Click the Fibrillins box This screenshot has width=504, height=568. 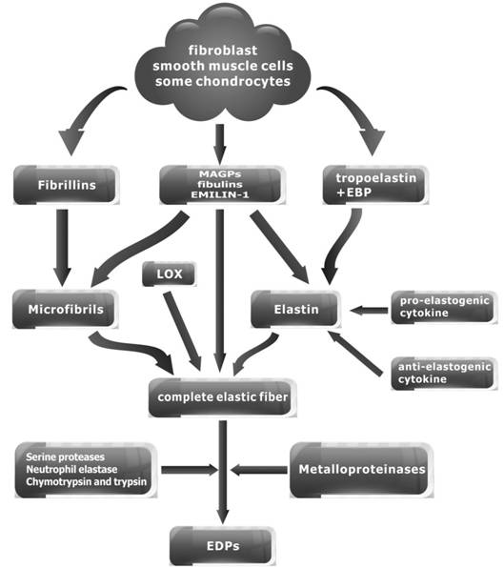coord(67,185)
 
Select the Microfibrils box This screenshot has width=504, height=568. coord(66,309)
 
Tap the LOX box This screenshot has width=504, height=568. coord(169,274)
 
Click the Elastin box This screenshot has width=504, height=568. coord(295,309)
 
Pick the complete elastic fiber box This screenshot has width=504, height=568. coord(222,397)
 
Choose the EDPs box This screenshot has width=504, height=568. coord(222,546)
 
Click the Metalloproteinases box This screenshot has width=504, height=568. coord(361,470)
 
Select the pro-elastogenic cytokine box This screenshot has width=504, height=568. coord(444,307)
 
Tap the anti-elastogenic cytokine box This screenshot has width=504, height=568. coord(444,374)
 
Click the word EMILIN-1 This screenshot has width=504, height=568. coord(220,194)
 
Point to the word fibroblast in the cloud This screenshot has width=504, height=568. coord(223,50)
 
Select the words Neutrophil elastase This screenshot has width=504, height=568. coord(71,470)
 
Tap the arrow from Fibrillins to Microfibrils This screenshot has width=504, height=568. coord(62,248)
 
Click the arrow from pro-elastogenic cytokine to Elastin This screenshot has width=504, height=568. coord(369,310)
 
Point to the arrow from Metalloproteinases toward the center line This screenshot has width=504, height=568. coord(259,470)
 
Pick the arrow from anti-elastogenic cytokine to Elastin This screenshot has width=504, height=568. coord(354,353)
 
